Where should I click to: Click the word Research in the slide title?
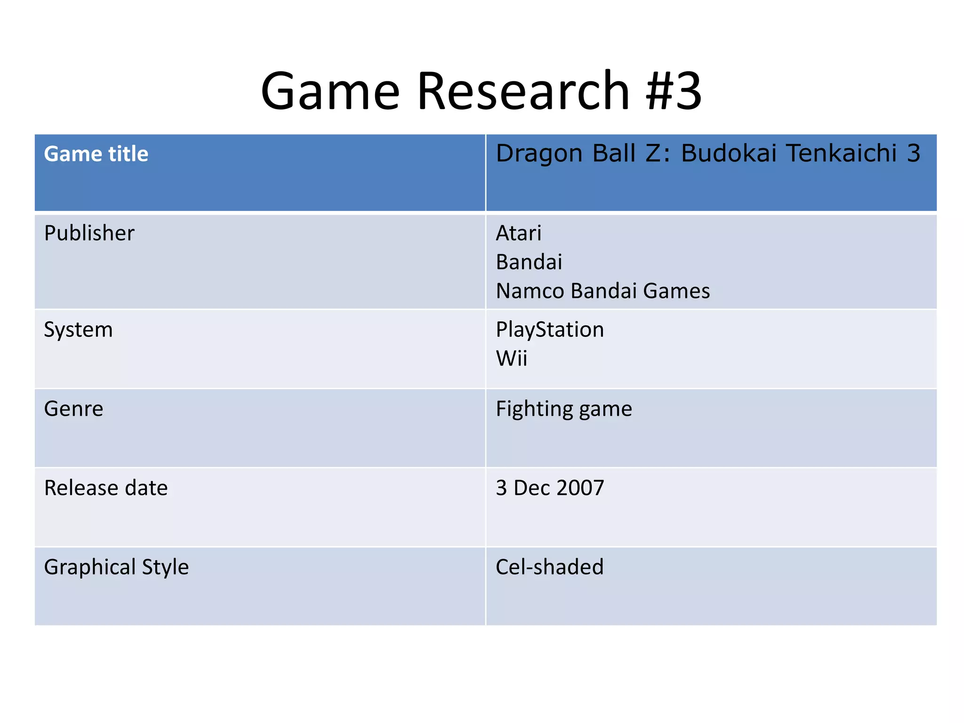[523, 90]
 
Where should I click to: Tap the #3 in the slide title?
[674, 90]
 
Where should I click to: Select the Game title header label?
[96, 154]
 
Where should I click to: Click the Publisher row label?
[89, 233]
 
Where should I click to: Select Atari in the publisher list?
[518, 233]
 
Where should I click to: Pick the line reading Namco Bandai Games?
[602, 291]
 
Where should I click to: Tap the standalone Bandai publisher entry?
[529, 262]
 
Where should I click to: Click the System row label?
[78, 329]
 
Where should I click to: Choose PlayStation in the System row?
[549, 329]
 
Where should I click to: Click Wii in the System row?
[511, 359]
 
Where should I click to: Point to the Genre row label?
[73, 409]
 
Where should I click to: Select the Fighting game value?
[563, 409]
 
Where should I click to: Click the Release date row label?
[105, 488]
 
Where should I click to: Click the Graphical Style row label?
[116, 567]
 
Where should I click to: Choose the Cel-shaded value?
[549, 567]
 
